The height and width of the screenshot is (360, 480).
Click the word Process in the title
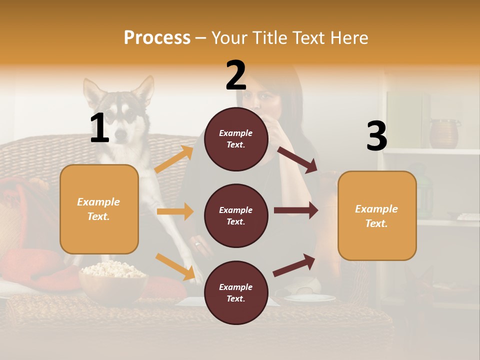click(157, 37)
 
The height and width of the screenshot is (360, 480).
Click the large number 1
click(99, 128)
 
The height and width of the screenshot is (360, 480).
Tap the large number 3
click(376, 136)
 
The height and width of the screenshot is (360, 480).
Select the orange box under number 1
click(99, 209)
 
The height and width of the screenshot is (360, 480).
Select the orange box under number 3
click(377, 215)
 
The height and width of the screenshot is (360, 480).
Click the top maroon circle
click(236, 139)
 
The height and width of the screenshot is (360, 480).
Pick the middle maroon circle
click(236, 215)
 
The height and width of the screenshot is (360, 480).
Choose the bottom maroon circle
click(236, 292)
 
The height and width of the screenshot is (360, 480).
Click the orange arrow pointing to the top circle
click(174, 159)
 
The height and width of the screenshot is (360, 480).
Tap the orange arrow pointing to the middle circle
click(175, 211)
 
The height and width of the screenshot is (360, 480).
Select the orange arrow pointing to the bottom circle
click(175, 266)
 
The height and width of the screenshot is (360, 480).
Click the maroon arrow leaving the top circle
click(297, 159)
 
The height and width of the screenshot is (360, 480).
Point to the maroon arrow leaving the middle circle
click(295, 210)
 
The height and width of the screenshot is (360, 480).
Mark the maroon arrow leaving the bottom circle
click(294, 265)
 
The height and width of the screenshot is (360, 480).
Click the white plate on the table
click(310, 297)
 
